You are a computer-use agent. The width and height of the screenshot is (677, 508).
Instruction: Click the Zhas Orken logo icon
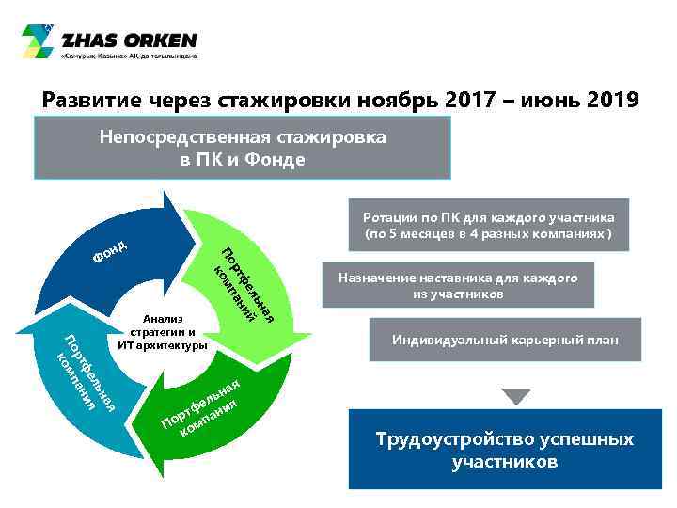(x=39, y=41)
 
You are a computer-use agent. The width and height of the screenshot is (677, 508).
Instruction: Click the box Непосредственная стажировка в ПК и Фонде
(x=242, y=148)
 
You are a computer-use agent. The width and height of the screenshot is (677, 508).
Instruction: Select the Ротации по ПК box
(x=488, y=225)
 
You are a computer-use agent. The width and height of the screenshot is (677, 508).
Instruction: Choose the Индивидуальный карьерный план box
(x=505, y=340)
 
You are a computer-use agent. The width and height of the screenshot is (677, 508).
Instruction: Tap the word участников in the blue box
(x=504, y=462)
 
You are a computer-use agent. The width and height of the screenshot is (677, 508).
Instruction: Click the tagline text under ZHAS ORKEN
(x=129, y=56)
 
